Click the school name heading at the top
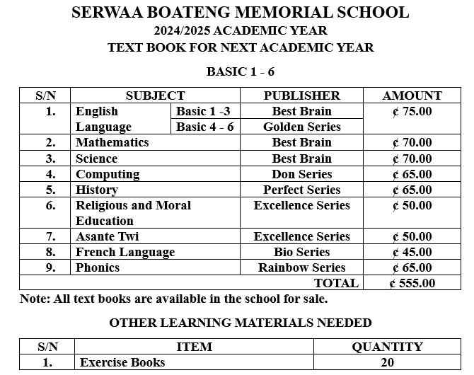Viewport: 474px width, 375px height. coord(240,13)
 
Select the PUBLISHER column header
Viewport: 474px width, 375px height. coord(301,96)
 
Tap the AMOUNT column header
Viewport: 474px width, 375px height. coord(412,96)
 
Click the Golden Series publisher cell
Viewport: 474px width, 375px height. coord(301,127)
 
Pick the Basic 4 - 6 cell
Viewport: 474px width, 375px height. coord(204,127)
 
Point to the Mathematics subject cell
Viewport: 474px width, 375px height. coord(112,142)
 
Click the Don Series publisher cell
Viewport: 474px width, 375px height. coord(301,174)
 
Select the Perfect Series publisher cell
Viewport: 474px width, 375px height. coord(301,190)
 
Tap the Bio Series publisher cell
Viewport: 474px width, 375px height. coord(301,252)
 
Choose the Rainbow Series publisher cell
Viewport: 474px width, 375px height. coord(301,267)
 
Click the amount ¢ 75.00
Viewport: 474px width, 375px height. coord(412,111)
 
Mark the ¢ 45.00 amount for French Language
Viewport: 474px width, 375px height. coord(412,252)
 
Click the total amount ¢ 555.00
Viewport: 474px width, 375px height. coord(412,283)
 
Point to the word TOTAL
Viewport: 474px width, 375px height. coord(336,283)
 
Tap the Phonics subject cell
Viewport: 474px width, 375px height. coord(98,267)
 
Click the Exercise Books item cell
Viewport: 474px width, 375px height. coord(122,362)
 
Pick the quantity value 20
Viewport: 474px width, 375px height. coord(387,362)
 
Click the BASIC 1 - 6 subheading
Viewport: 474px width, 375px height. coord(240,72)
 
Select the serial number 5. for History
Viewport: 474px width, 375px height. coord(51,190)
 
